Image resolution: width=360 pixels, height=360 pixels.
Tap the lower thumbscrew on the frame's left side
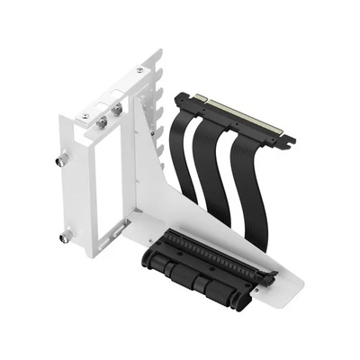click(66, 239)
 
